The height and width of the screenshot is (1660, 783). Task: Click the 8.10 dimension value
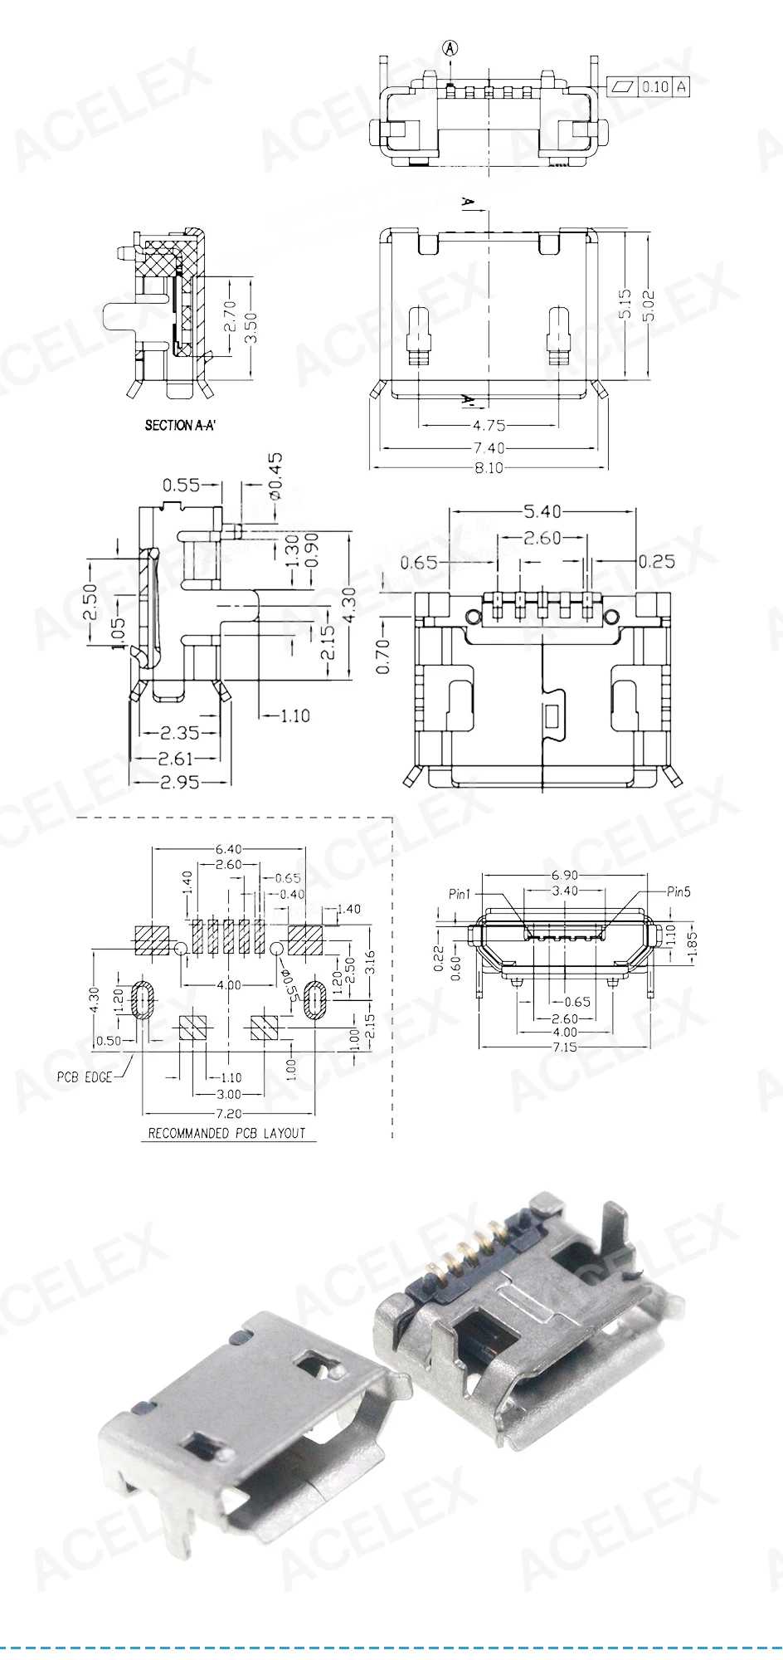click(489, 467)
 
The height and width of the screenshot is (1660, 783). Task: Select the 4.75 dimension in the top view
click(489, 425)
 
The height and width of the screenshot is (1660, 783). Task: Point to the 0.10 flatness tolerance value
click(655, 86)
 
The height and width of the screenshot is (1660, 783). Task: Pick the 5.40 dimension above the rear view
click(542, 510)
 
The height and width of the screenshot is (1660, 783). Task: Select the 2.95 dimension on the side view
click(178, 782)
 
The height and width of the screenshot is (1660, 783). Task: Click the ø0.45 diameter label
click(275, 476)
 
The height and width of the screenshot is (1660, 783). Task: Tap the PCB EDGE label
click(84, 1077)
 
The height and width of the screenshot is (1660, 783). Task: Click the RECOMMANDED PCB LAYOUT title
click(226, 1133)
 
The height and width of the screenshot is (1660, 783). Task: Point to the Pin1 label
click(459, 894)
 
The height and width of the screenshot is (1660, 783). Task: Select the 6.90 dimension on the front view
click(565, 875)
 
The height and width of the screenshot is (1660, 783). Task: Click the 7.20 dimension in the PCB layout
click(228, 1113)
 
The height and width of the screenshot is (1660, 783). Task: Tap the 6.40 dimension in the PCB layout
click(228, 849)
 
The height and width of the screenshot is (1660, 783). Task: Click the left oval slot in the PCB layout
click(143, 1000)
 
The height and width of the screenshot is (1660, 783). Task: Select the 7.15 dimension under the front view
click(565, 1047)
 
